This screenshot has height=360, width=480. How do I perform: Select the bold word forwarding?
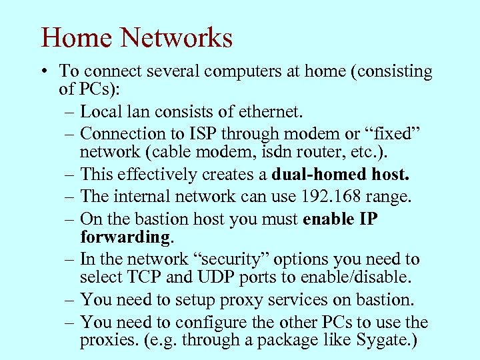click(125, 237)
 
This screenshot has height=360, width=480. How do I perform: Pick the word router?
click(320, 155)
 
